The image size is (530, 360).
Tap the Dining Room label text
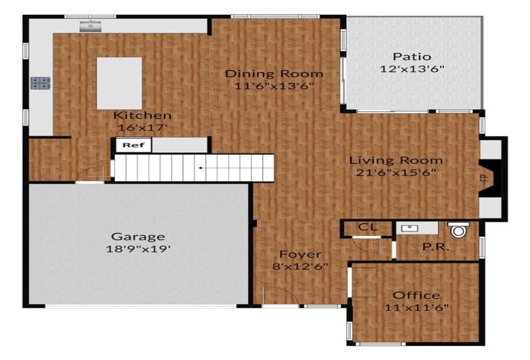[274, 74]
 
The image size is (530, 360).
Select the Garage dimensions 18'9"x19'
[138, 249]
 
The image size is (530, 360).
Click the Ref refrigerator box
[134, 145]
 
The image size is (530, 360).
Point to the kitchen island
[119, 83]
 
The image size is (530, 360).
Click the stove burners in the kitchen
[40, 82]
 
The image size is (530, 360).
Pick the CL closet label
[367, 227]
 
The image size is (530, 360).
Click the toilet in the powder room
[458, 230]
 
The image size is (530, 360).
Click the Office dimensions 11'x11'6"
[416, 307]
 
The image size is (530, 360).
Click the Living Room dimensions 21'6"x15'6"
[396, 172]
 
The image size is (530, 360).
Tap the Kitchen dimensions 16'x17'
[143, 127]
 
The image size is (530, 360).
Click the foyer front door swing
[276, 297]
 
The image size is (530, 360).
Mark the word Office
[416, 295]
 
